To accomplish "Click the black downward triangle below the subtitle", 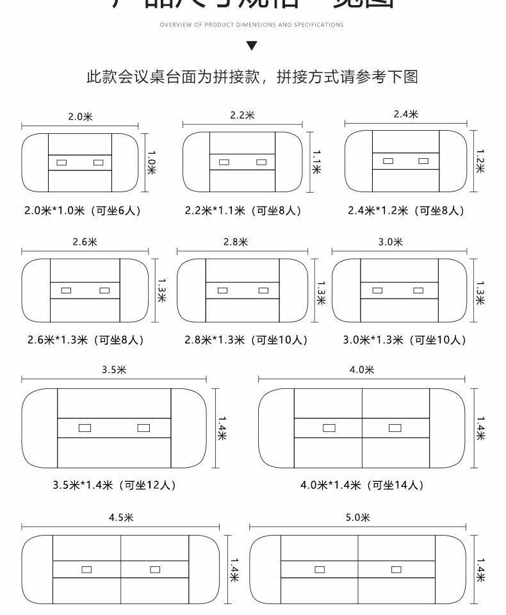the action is [252, 45].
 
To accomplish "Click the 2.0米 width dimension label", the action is [81, 117].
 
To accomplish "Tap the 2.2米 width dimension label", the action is [242, 115].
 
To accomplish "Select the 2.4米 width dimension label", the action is [405, 114].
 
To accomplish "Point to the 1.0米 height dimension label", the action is [152, 163].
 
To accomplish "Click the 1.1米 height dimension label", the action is [316, 161].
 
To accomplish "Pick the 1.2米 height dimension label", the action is [480, 161].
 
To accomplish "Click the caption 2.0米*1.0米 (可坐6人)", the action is [81, 210].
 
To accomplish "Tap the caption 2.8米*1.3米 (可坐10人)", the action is [246, 340].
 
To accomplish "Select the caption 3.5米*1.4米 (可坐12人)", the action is [114, 485].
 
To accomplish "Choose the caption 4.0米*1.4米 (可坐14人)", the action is [362, 485].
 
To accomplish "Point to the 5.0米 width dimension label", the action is [357, 518].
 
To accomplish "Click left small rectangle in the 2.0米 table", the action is [61, 163].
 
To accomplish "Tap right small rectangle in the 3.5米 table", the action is [143, 428].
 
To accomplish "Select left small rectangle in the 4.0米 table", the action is [329, 428].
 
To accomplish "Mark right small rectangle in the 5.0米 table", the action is [396, 569].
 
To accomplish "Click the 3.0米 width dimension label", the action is [389, 242].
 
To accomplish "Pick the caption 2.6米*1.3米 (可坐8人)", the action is [85, 340].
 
